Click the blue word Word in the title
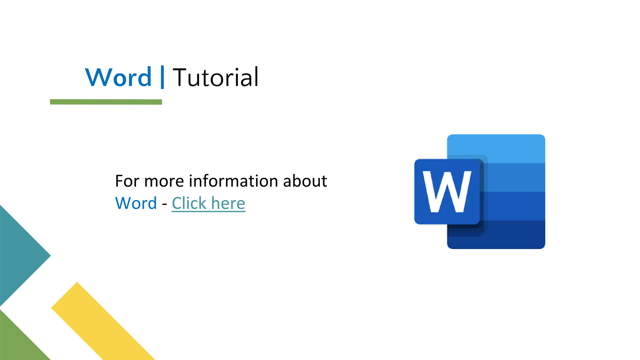coord(118,77)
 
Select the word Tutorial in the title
coord(216,77)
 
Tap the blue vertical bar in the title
coord(162,77)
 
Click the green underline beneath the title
coord(106,102)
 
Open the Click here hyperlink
coord(208,203)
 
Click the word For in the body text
coord(127,181)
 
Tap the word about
coord(305,181)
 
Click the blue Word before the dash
coord(136,203)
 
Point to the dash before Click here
coord(164,204)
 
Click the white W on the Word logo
coord(447,192)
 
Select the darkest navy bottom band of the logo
coord(512,235)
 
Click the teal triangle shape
coord(19,256)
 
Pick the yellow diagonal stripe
coord(103,322)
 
